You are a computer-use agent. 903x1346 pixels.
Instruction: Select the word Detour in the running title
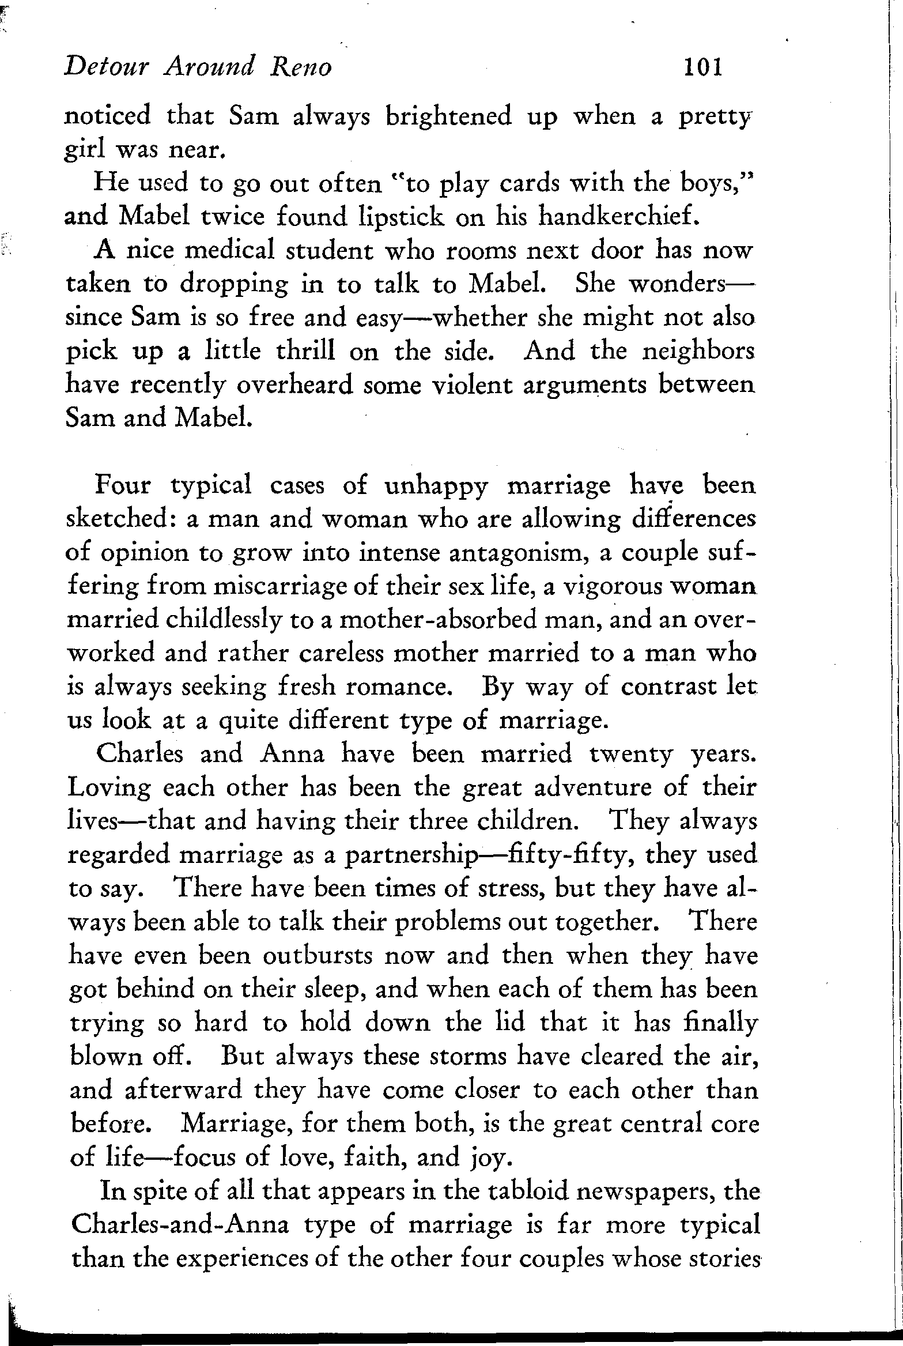[x=107, y=68]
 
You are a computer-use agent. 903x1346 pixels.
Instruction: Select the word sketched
[x=123, y=519]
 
